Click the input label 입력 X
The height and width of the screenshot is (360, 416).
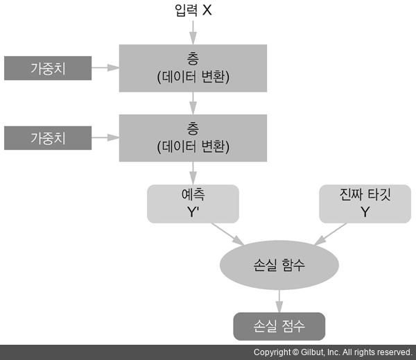(x=193, y=10)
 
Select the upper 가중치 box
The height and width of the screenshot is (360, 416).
(x=48, y=69)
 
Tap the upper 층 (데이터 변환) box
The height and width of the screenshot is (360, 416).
(x=193, y=68)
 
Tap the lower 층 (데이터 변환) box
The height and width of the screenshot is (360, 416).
(x=193, y=137)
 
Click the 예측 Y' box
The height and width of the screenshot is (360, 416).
(x=193, y=203)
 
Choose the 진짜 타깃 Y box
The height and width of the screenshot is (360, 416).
(x=365, y=203)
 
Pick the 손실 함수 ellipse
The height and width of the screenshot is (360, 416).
(x=279, y=265)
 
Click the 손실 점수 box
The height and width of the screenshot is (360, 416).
(x=279, y=325)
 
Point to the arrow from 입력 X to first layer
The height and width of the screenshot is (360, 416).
(x=193, y=32)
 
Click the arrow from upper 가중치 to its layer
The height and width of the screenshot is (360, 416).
(x=105, y=68)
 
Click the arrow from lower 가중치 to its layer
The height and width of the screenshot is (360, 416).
(x=105, y=137)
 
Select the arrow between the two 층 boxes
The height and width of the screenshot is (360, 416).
(x=193, y=103)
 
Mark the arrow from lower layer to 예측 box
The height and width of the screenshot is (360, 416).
(x=193, y=172)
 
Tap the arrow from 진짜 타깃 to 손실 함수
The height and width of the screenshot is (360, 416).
(x=330, y=234)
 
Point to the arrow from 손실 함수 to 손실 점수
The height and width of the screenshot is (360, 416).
(x=279, y=298)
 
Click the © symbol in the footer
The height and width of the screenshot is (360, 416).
(x=295, y=352)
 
